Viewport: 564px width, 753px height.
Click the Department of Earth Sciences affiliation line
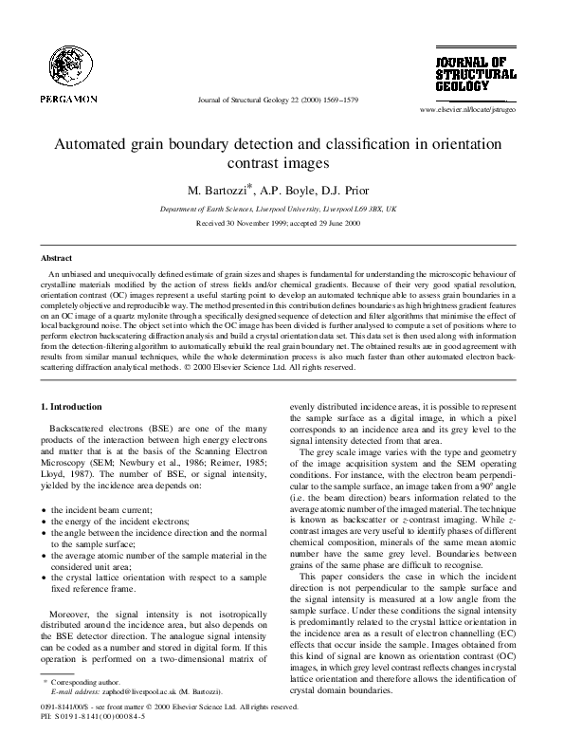[282, 207]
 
